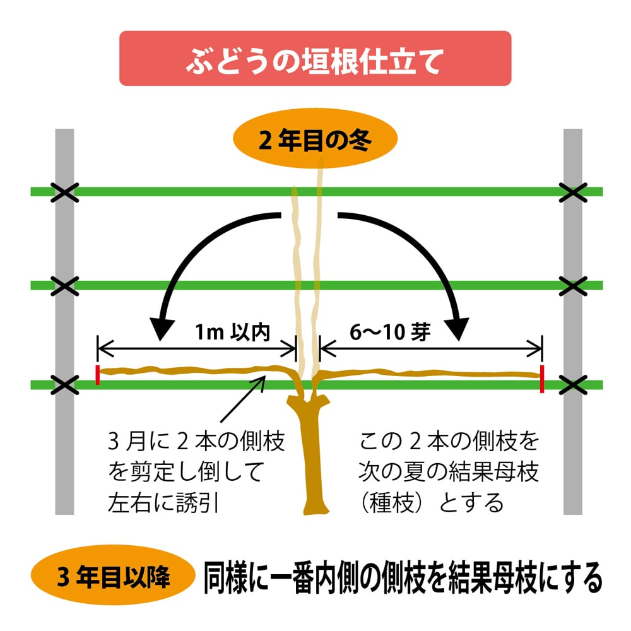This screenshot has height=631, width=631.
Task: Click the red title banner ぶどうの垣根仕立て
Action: (315, 58)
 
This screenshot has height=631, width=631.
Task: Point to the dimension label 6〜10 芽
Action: (391, 333)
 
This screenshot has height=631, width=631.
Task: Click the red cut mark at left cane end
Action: (98, 375)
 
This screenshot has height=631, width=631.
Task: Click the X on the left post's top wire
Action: (64, 192)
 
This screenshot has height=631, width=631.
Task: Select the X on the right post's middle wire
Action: (573, 286)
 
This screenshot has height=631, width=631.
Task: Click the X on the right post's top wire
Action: (573, 192)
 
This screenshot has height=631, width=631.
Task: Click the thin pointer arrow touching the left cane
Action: (243, 399)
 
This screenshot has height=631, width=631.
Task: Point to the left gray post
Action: (64, 454)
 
